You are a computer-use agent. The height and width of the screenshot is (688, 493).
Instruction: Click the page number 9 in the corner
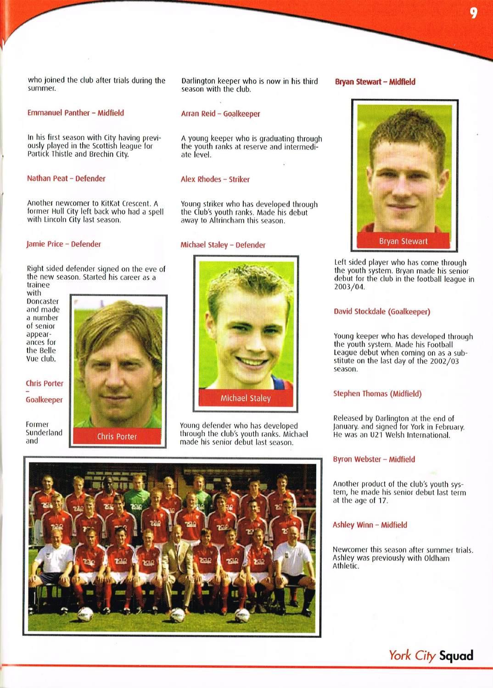[473, 13]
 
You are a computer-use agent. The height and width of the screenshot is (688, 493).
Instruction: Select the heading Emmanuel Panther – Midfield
[76, 113]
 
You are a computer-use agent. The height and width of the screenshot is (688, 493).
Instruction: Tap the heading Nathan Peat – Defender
[66, 178]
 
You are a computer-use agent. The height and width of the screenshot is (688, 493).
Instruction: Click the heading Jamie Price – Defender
[64, 244]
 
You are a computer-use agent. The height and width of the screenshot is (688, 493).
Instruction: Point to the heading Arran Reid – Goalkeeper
[220, 114]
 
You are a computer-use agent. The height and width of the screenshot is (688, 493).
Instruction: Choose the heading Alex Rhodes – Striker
[215, 179]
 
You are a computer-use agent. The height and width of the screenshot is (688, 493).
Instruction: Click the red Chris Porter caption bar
[117, 437]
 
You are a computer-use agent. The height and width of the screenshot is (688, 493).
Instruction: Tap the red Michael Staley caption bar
[246, 398]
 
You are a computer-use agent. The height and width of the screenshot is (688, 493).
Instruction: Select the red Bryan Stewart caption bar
[403, 241]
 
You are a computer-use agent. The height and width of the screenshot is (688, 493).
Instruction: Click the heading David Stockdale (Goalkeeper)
[382, 312]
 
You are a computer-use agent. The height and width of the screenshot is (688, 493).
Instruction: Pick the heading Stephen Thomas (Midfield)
[377, 394]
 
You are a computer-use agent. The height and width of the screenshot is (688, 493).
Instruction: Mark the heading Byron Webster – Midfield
[374, 459]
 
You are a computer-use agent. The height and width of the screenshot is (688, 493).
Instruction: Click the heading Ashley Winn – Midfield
[370, 525]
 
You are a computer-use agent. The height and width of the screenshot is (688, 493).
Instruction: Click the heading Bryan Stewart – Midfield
[375, 82]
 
